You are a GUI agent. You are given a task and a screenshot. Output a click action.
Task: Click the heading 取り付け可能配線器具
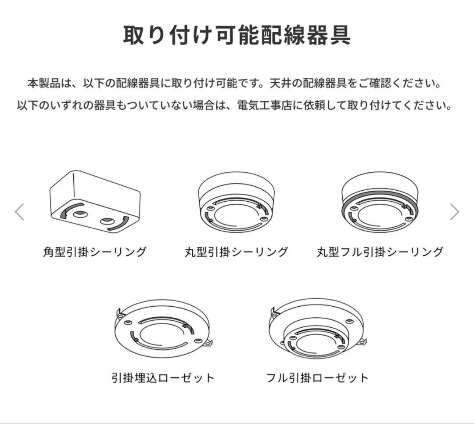[237, 35]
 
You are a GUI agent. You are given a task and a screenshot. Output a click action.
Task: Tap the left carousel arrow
[19, 212]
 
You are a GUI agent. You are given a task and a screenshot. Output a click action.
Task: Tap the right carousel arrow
[455, 212]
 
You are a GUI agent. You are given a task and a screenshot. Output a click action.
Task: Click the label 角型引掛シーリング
[95, 252]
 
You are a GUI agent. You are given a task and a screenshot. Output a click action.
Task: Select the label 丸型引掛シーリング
[237, 252]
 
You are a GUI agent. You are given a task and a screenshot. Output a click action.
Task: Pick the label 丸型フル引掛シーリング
[380, 252]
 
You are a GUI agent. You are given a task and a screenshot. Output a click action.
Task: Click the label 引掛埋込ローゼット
[163, 377]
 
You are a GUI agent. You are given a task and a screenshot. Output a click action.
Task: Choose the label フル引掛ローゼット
[318, 377]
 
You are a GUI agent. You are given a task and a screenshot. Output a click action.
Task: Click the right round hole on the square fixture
[107, 221]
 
